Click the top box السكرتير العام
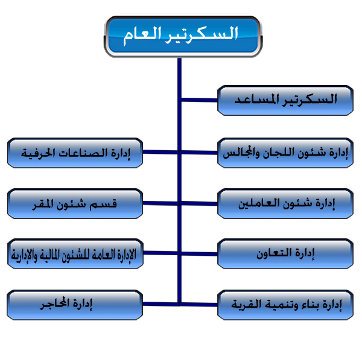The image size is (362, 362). pos(183,37)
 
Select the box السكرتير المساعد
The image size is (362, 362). pos(285,100)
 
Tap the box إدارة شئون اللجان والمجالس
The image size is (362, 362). pos(285,153)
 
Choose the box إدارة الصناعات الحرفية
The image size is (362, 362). pos(75,153)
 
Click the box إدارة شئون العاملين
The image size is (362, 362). pos(285,203)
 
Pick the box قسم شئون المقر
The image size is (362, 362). pos(75,203)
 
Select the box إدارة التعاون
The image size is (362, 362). pos(285,254)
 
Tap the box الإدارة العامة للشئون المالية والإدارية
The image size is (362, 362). pos(75,254)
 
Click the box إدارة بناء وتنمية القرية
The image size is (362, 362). pos(285,305)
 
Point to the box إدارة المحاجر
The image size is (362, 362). pos(75,305)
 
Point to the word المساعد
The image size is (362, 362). pos(257,100)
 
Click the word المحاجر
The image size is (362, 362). pos(55,303)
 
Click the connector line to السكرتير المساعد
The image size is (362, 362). pos(199,100)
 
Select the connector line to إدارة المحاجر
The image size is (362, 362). pos(161,304)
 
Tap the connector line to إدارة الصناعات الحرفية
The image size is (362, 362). pos(161,152)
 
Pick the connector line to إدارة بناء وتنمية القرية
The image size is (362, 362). pos(199,305)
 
